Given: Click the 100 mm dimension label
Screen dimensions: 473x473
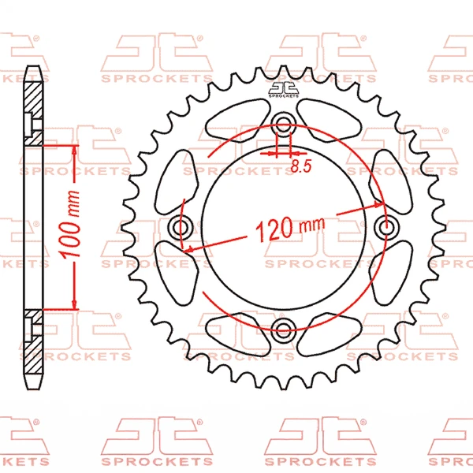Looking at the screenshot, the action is pyautogui.click(x=71, y=224).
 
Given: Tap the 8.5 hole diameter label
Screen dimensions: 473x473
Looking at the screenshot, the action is pyautogui.click(x=301, y=166).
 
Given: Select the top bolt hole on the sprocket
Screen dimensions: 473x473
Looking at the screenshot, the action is pyautogui.click(x=283, y=124).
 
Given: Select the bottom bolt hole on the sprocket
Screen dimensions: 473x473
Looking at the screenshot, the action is pyautogui.click(x=283, y=329).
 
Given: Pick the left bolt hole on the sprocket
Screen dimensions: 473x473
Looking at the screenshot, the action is pyautogui.click(x=181, y=227).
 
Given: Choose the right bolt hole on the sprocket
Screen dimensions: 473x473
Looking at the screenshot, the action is pyautogui.click(x=386, y=226).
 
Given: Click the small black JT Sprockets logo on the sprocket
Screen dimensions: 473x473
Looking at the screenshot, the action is pyautogui.click(x=283, y=90).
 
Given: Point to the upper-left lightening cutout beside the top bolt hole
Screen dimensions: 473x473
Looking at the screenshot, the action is pyautogui.click(x=238, y=121).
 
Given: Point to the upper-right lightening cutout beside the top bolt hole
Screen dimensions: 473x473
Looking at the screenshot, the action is pyautogui.click(x=329, y=121).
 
